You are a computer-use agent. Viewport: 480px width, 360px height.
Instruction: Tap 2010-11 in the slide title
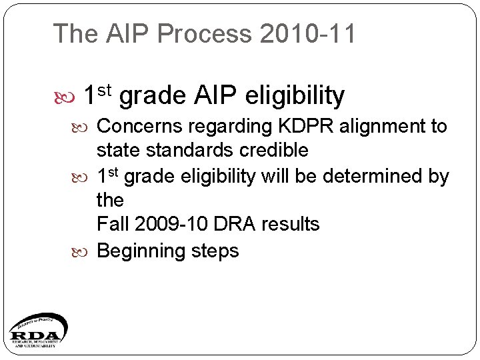coord(308,33)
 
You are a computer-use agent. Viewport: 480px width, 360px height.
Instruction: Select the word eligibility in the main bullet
coord(295,96)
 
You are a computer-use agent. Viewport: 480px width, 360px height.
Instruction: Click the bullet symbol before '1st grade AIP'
coord(67,97)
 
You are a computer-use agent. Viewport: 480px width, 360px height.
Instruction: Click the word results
coord(291,224)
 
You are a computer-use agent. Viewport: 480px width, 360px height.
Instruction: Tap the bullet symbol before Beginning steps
coord(84,252)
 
